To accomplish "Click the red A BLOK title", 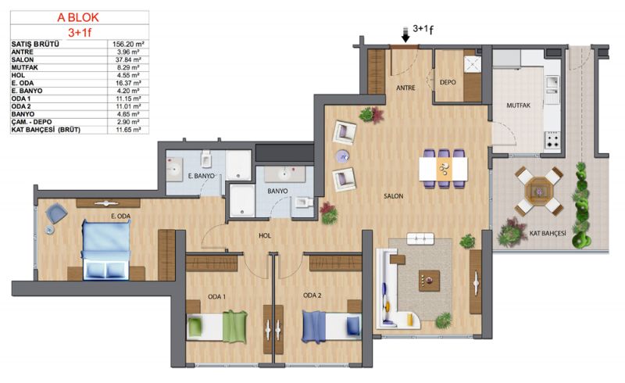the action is pos(78,17).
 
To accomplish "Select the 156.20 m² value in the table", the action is pos(128,45).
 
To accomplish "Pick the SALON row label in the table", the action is pos(23,60).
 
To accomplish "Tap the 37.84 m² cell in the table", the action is pos(128,60).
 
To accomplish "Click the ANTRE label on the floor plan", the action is pos(405,88).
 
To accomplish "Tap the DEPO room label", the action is pos(448,83).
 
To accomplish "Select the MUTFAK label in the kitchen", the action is pos(518,106).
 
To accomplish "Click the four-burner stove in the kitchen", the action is pos(552,141).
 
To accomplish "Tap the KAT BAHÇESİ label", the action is pos(548,234).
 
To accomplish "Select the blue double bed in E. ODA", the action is pos(106,250).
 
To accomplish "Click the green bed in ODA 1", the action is pos(217,328).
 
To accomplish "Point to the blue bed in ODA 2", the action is pos(331,327).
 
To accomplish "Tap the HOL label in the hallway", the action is pos(265,236).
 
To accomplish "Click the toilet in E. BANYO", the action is pos(206,159).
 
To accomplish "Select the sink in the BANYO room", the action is pos(284,174).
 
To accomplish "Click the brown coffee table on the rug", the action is pos(429,281).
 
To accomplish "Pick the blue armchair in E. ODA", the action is pos(56,213).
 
